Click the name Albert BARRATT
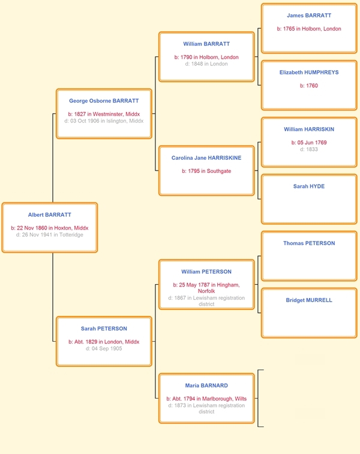(x=49, y=215)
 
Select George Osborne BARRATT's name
(x=104, y=101)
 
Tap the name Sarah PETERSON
(x=104, y=328)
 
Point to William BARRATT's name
(x=206, y=44)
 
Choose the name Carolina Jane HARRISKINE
(x=206, y=158)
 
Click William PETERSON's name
(x=206, y=271)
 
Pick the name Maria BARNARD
(x=206, y=386)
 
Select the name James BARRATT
(x=309, y=16)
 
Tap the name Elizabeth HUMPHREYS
(x=309, y=73)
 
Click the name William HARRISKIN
(x=309, y=130)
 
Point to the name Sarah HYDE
(x=309, y=186)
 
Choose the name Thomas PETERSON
(x=309, y=243)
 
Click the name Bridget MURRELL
(x=309, y=300)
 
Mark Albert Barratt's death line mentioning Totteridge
(x=49, y=235)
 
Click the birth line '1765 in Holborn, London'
(x=309, y=29)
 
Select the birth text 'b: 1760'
(x=309, y=86)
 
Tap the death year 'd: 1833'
(x=309, y=150)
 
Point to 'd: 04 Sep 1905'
(x=104, y=348)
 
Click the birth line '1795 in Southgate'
(x=206, y=171)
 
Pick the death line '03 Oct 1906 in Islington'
(x=104, y=121)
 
